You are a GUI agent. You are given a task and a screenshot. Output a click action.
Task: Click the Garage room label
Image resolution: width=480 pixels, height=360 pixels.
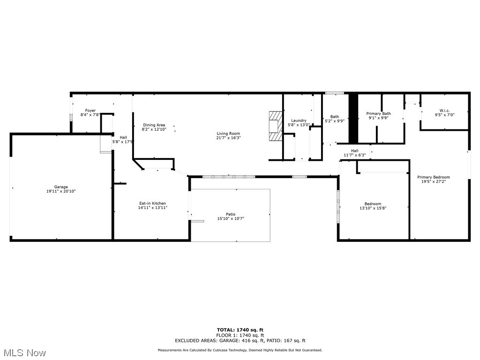(61, 187)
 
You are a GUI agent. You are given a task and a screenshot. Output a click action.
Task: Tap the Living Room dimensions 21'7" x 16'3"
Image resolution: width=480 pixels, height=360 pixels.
(228, 138)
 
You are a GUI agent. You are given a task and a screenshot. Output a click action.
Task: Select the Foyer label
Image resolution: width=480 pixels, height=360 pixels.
(90, 111)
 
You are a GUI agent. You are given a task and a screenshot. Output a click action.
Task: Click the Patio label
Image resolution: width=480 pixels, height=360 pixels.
(230, 214)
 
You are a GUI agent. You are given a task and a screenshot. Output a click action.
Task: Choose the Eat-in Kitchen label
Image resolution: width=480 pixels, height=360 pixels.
(152, 203)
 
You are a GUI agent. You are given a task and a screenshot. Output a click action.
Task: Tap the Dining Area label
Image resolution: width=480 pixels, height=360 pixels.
(154, 125)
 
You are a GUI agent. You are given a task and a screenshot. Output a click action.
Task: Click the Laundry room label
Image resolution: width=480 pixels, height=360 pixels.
(299, 120)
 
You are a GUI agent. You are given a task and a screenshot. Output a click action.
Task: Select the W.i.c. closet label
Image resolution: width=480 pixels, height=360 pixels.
(444, 111)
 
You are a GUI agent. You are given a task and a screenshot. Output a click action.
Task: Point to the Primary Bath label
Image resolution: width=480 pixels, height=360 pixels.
(378, 113)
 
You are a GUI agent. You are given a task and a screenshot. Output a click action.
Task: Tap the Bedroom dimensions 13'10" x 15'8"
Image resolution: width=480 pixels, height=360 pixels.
(373, 208)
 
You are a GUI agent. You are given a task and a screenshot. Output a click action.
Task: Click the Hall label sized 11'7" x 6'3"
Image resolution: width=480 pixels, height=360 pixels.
(354, 150)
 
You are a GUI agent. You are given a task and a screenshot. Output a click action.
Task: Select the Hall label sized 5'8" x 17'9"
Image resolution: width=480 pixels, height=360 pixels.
(123, 137)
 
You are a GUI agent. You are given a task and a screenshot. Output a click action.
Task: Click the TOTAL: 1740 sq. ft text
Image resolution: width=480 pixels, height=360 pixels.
(240, 330)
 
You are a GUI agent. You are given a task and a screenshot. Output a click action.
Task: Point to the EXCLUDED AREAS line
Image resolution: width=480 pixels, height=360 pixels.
(240, 341)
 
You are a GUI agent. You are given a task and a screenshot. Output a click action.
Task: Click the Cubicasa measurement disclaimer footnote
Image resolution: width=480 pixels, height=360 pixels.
(240, 350)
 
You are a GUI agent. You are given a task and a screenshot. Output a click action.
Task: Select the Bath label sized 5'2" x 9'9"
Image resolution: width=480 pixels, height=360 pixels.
(335, 117)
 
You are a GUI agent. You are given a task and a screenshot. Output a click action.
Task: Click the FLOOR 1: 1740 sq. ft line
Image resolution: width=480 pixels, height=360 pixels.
(240, 335)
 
